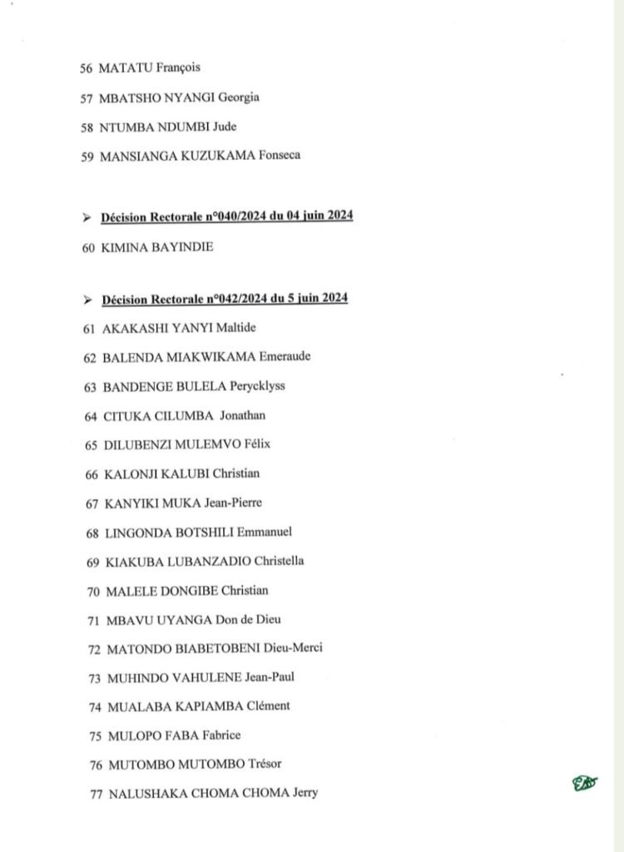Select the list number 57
[x=87, y=97]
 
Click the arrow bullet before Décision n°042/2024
[x=87, y=298]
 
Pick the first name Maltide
[x=237, y=328]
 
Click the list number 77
[x=96, y=793]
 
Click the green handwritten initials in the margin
[x=584, y=783]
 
